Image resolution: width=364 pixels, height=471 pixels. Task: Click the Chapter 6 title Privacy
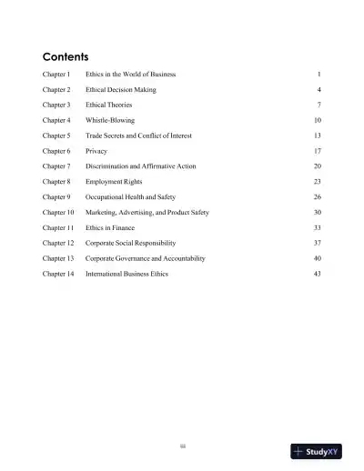(97, 151)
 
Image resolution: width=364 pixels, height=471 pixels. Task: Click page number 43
(317, 273)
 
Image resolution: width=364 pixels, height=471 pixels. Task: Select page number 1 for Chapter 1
(319, 73)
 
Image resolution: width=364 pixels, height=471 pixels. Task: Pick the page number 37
(317, 243)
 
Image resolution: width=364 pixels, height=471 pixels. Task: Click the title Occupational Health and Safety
(130, 196)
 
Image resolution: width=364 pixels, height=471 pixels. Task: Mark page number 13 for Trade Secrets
(317, 135)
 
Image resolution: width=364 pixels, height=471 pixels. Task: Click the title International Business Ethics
(127, 273)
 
